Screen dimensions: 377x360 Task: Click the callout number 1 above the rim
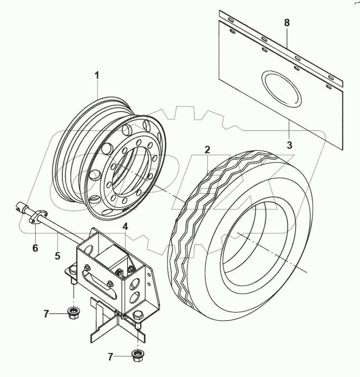pos(97,76)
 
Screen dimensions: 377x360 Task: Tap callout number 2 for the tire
pos(207,149)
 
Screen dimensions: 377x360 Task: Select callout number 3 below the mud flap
pos(290,145)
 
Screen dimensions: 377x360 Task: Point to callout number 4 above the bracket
pos(125,227)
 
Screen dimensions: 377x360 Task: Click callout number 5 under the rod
pos(57,255)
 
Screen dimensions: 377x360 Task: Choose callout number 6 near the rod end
pos(35,248)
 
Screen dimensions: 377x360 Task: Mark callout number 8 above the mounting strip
pos(287,23)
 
